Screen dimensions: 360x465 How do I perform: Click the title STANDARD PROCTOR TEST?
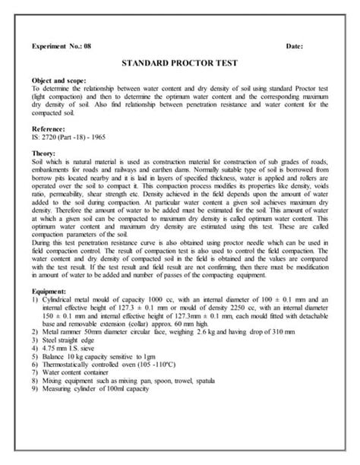click(180, 67)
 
